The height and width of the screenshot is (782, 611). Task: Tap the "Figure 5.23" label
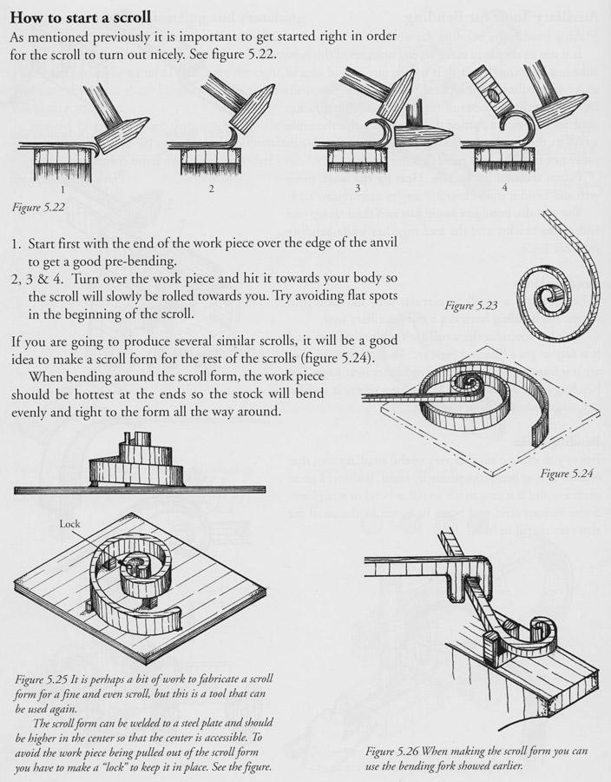tap(470, 306)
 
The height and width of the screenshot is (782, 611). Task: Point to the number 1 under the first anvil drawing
tap(62, 188)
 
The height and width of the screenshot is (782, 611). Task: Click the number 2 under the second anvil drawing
tap(210, 188)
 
